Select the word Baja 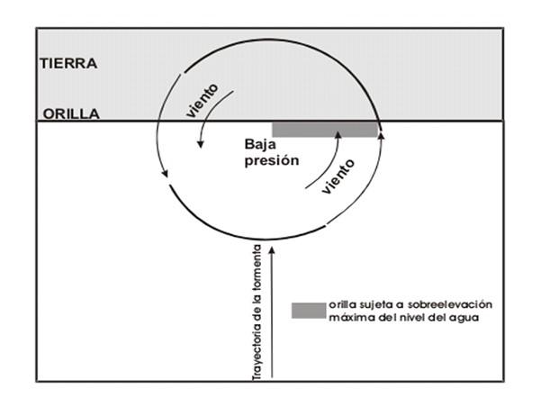pos(262,143)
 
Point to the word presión pos(272,165)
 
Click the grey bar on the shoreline pos(324,130)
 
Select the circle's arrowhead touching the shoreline pos(383,131)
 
